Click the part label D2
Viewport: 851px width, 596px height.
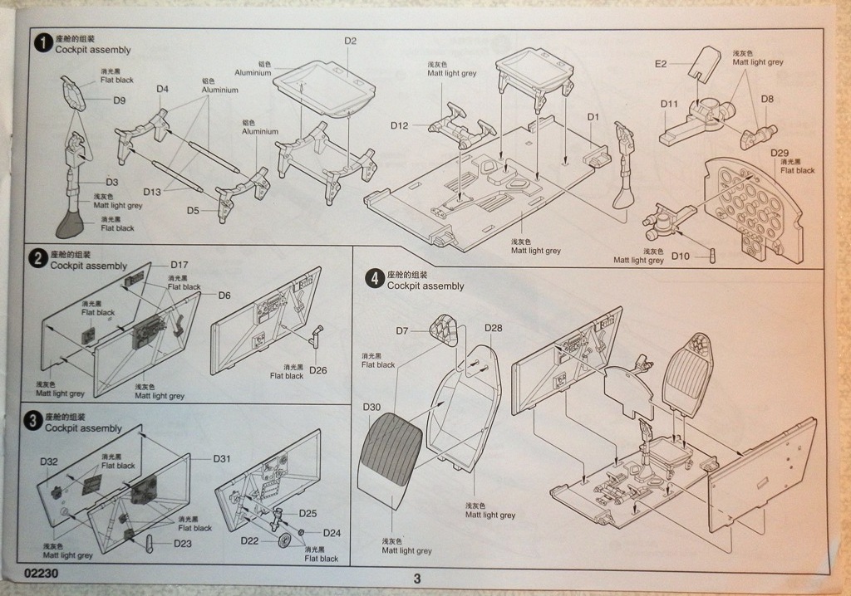(350, 41)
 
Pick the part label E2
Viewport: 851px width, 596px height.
(661, 63)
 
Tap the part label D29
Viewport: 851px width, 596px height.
(780, 153)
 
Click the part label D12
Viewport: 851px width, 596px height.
(400, 125)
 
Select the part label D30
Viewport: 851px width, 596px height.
(371, 407)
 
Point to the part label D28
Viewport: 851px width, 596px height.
(493, 328)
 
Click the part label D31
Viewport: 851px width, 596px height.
(222, 458)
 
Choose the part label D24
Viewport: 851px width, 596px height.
(332, 532)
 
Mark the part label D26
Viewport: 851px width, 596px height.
(317, 369)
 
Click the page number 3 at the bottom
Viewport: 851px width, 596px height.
(417, 579)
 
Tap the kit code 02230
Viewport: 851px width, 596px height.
(41, 573)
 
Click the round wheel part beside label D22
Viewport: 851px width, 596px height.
(284, 542)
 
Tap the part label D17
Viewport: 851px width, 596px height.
(180, 265)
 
